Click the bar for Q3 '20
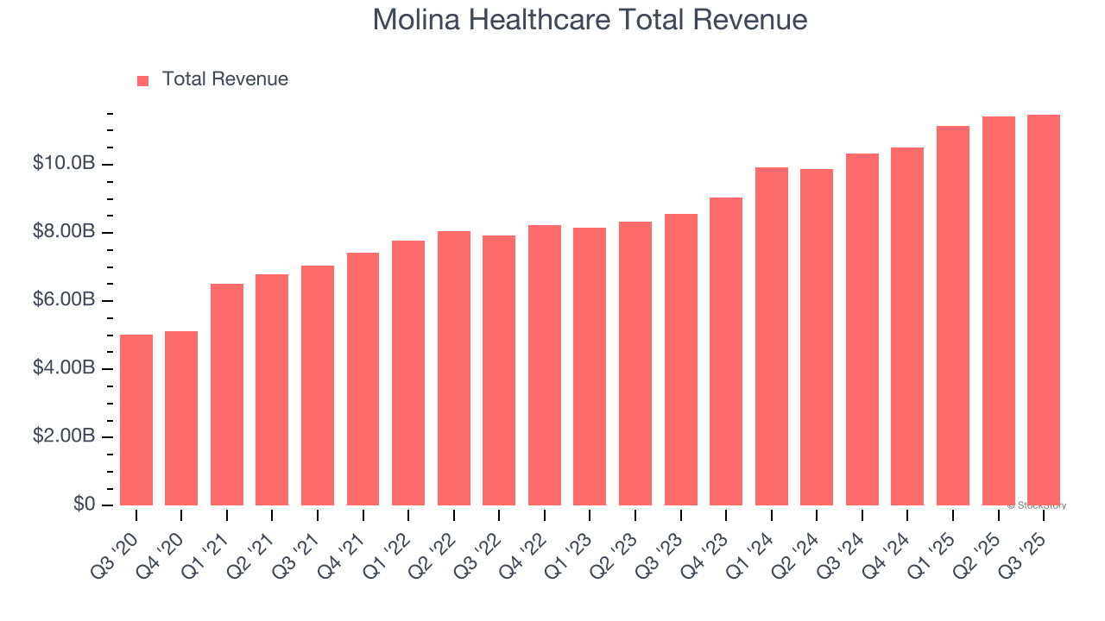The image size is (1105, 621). click(x=136, y=420)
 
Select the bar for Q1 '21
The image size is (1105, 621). click(x=227, y=394)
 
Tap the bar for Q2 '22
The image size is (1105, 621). click(x=454, y=368)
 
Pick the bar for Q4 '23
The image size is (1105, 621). click(x=726, y=351)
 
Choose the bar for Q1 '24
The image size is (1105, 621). click(x=772, y=336)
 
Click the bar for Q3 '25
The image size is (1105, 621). click(x=1044, y=310)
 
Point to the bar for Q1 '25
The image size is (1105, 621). click(x=953, y=316)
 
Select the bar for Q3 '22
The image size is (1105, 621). click(x=499, y=370)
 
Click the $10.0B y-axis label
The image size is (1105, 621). click(x=65, y=164)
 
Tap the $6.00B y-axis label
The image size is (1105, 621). click(x=65, y=300)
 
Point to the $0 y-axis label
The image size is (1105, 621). click(x=83, y=505)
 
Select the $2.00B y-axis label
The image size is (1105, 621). click(x=65, y=436)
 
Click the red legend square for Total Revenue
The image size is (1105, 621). click(x=143, y=80)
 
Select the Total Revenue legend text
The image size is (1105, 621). click(x=224, y=79)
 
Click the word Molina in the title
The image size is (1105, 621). click(x=414, y=20)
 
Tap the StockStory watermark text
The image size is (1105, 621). click(x=1039, y=505)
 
